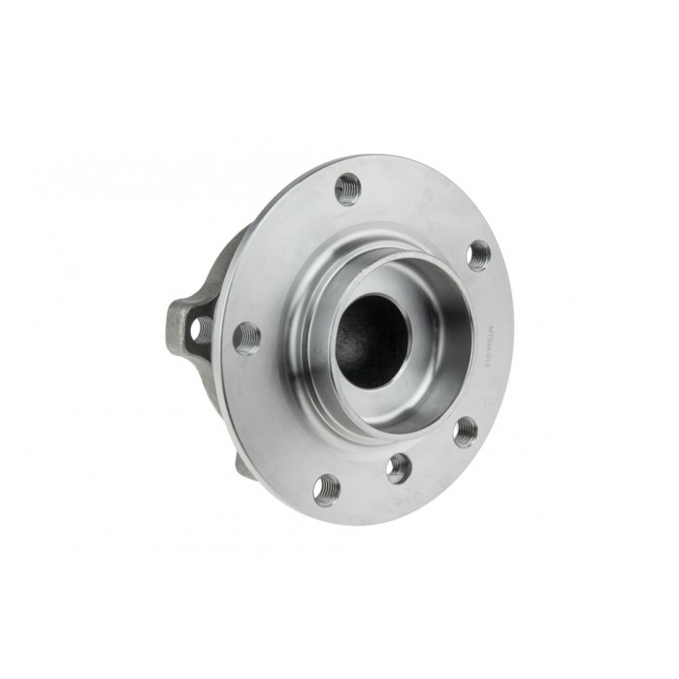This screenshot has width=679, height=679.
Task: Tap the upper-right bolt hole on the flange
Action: tap(478, 254)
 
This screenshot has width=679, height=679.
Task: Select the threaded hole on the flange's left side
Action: tap(246, 338)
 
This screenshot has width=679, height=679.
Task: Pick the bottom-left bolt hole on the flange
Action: tap(327, 489)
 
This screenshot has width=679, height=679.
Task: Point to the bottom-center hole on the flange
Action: tap(399, 469)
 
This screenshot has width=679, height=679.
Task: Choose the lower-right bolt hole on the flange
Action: tap(466, 431)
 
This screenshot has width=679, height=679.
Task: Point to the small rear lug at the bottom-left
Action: tap(241, 465)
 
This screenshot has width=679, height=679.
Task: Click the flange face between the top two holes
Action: tap(417, 209)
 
